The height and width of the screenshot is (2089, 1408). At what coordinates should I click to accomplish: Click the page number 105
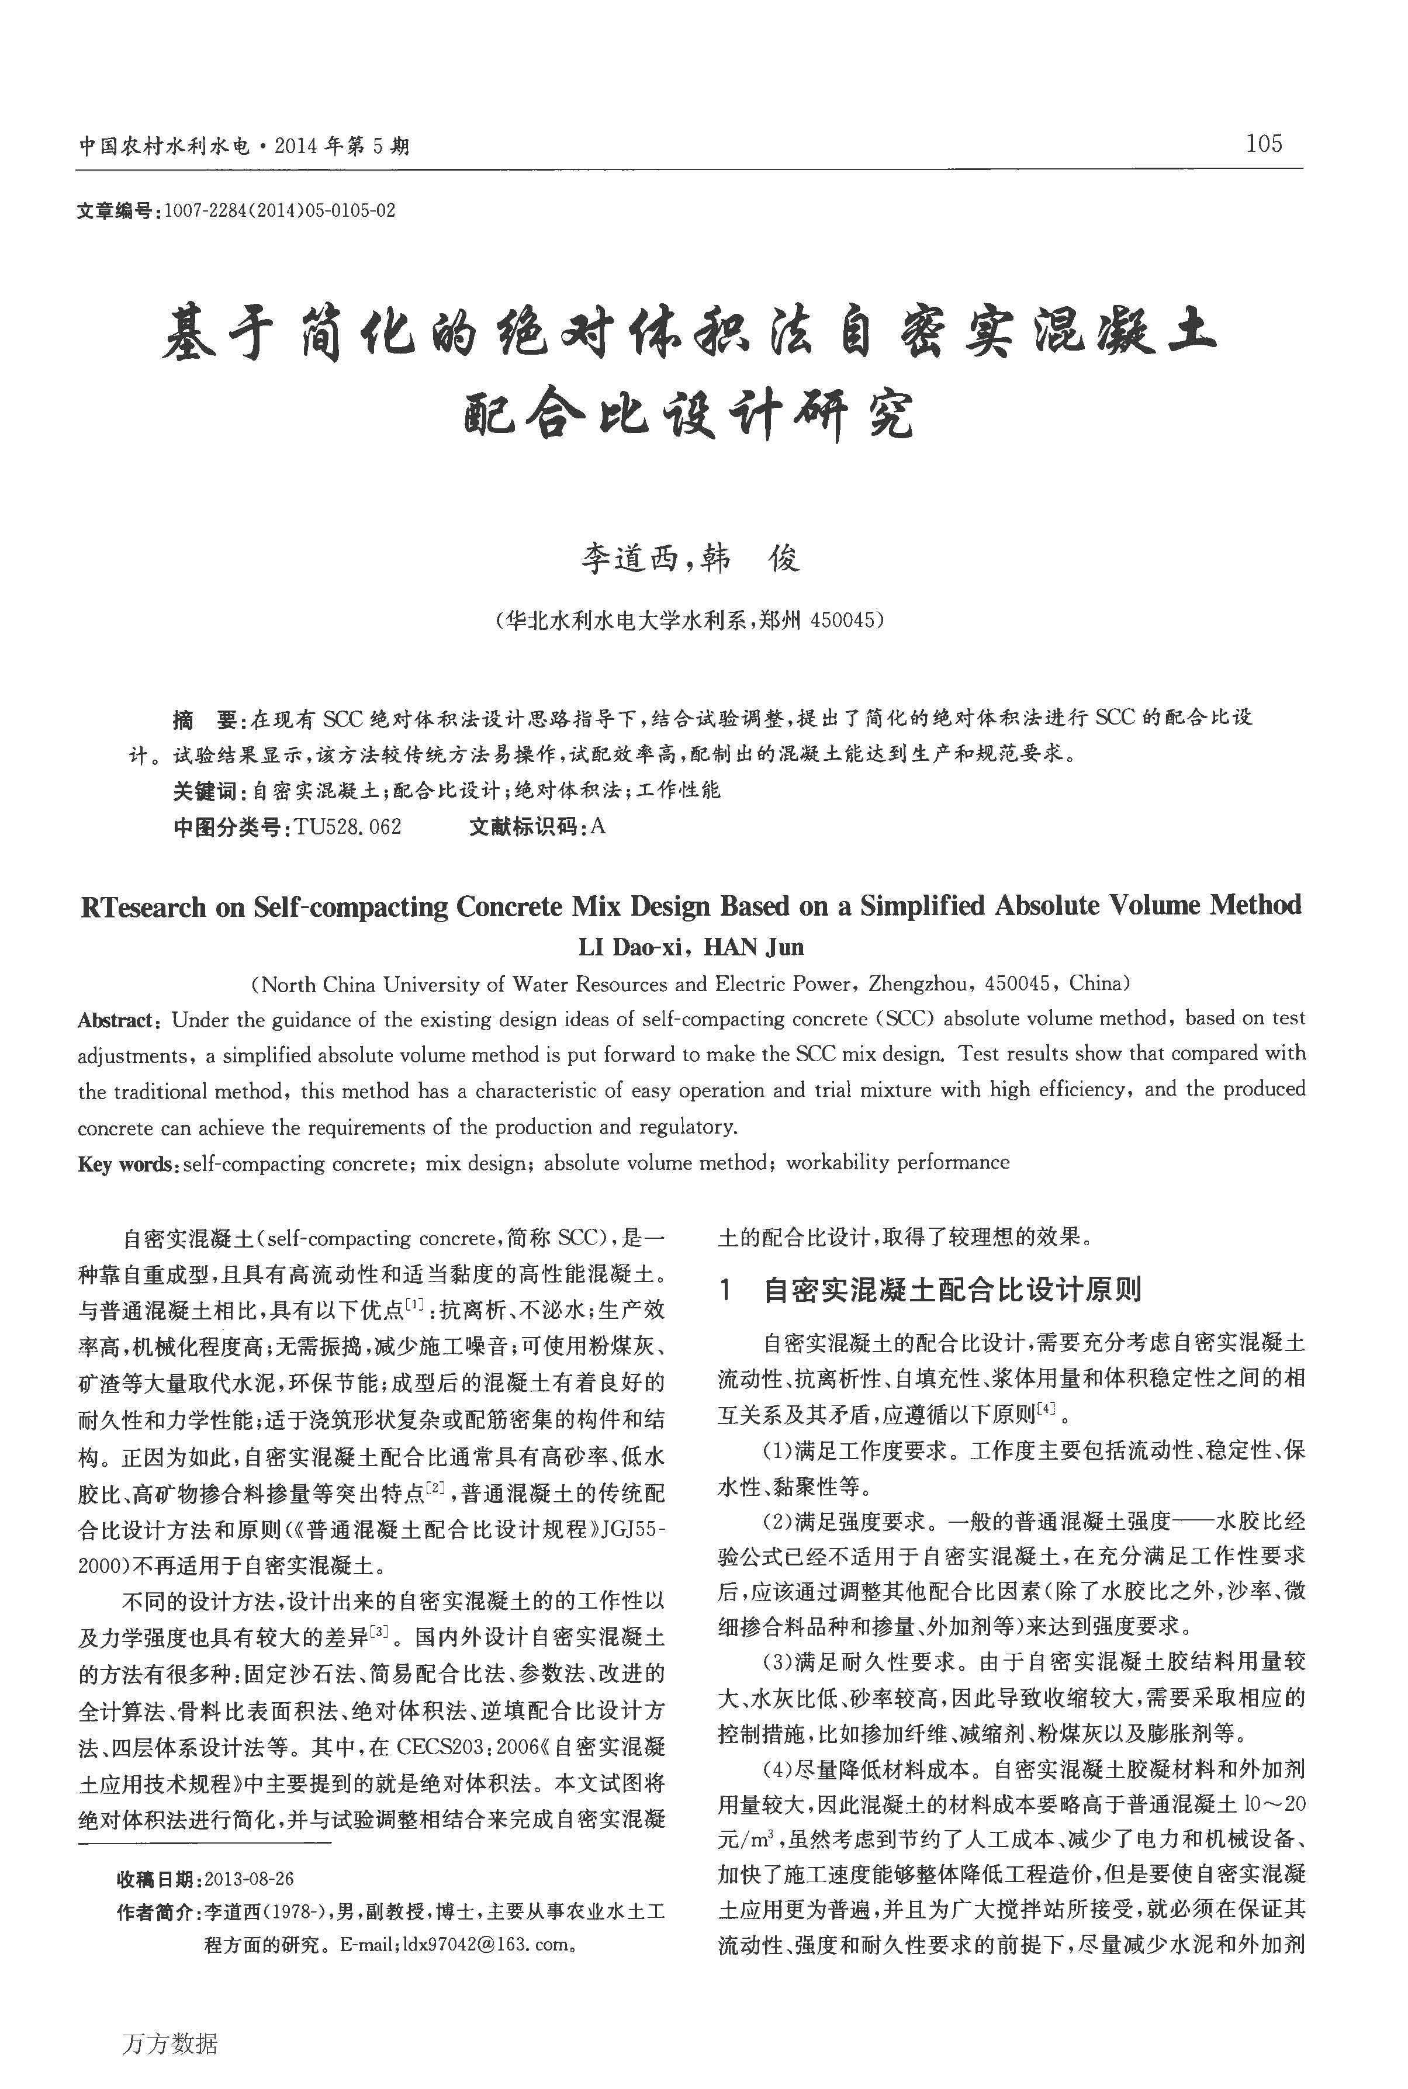point(1264,144)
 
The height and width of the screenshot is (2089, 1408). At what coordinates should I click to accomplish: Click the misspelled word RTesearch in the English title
point(144,907)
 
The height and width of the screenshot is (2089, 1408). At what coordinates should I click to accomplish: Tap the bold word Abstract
point(117,1020)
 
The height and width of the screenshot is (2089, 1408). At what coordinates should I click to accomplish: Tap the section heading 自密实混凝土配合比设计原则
point(952,1290)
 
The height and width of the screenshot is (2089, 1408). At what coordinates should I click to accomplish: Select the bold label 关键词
point(204,791)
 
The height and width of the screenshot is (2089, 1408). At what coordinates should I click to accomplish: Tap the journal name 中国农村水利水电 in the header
point(164,145)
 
